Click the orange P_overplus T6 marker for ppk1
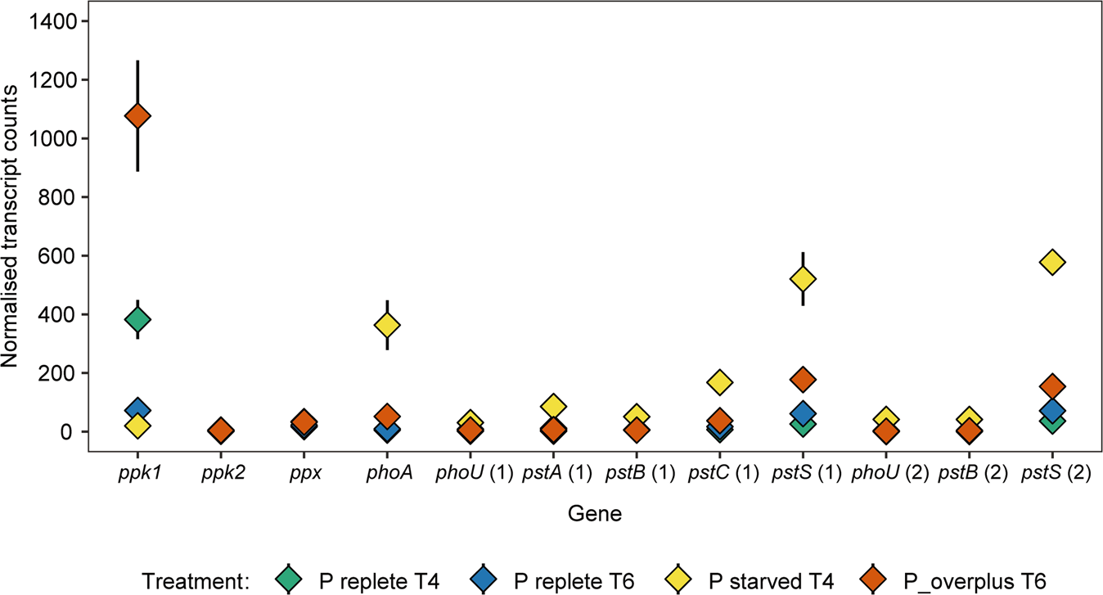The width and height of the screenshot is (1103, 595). tap(137, 116)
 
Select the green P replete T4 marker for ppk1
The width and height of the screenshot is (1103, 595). tap(137, 319)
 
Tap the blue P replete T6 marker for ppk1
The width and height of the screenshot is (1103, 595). tap(137, 410)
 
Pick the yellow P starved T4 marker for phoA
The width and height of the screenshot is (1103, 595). tap(387, 326)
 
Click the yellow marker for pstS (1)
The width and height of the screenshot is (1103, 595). tap(803, 279)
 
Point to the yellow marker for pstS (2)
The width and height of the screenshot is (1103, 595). tap(1051, 262)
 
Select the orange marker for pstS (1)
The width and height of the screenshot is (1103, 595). tap(803, 379)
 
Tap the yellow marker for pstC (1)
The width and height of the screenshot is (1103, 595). tap(720, 382)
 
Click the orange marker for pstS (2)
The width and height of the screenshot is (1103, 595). tap(1051, 386)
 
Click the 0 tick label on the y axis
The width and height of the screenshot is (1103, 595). tap(70, 432)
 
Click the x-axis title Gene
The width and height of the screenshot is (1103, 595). tap(594, 515)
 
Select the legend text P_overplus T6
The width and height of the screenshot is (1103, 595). tap(975, 582)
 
